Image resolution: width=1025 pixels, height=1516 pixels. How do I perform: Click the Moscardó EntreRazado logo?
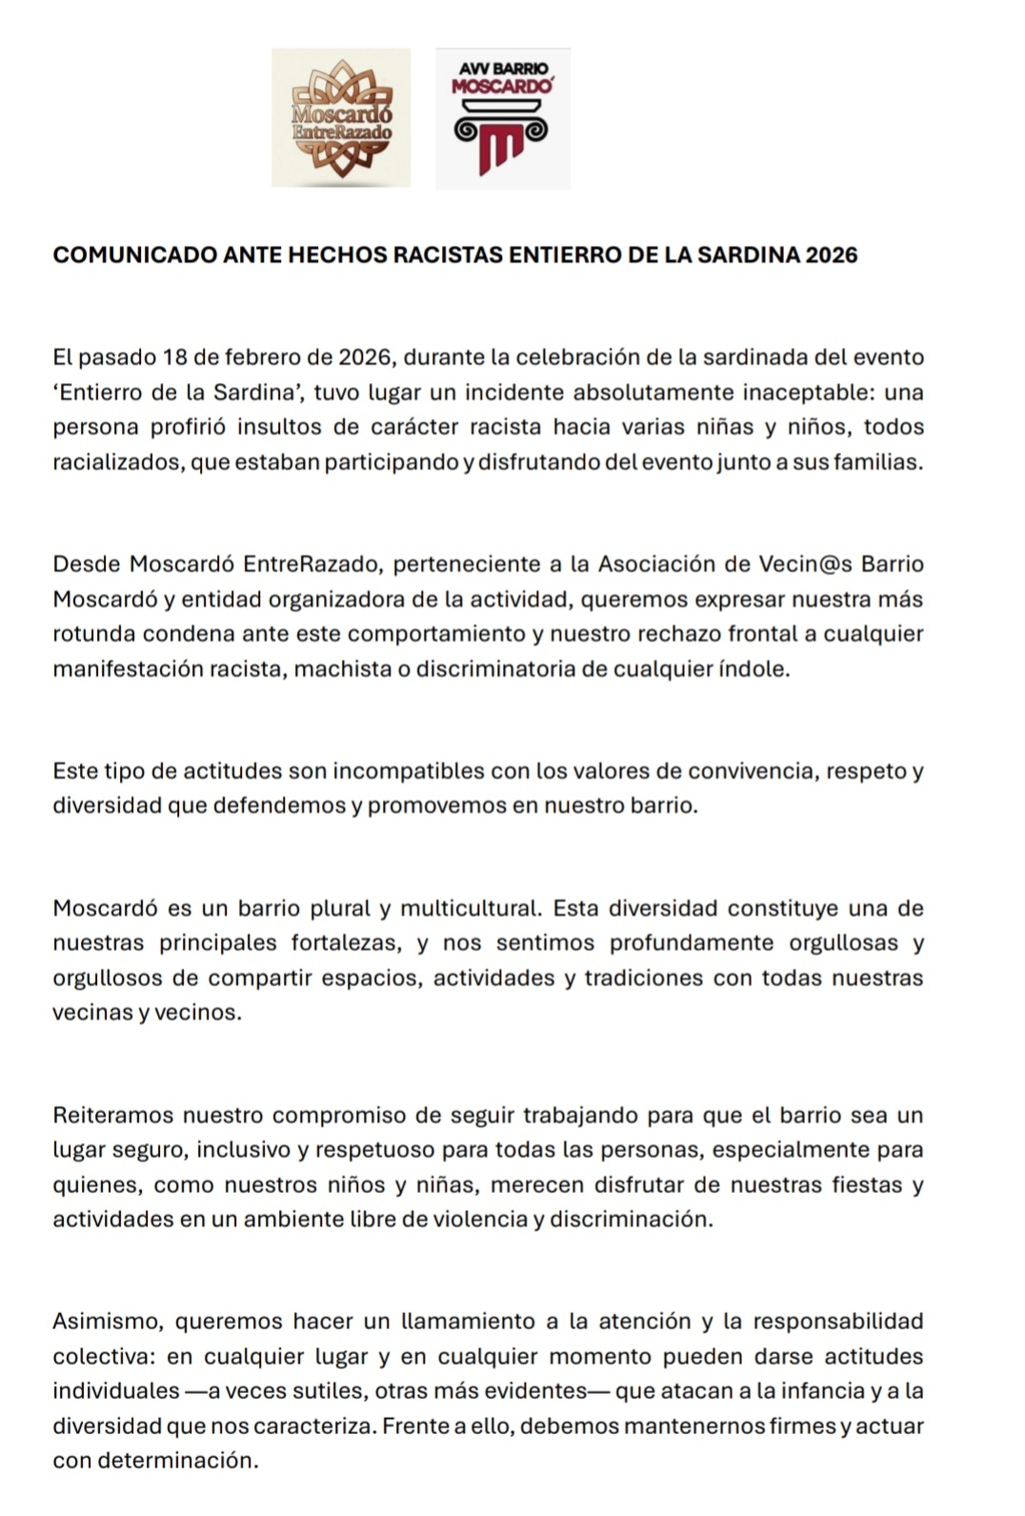341,117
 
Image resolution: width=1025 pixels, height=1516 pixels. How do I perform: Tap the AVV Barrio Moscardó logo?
503,118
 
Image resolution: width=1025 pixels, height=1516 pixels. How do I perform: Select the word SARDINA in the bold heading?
749,255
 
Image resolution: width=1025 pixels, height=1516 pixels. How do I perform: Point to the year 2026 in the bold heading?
832,255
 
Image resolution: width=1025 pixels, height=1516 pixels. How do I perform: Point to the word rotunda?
89,634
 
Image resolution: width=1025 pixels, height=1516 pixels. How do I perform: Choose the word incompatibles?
357,771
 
